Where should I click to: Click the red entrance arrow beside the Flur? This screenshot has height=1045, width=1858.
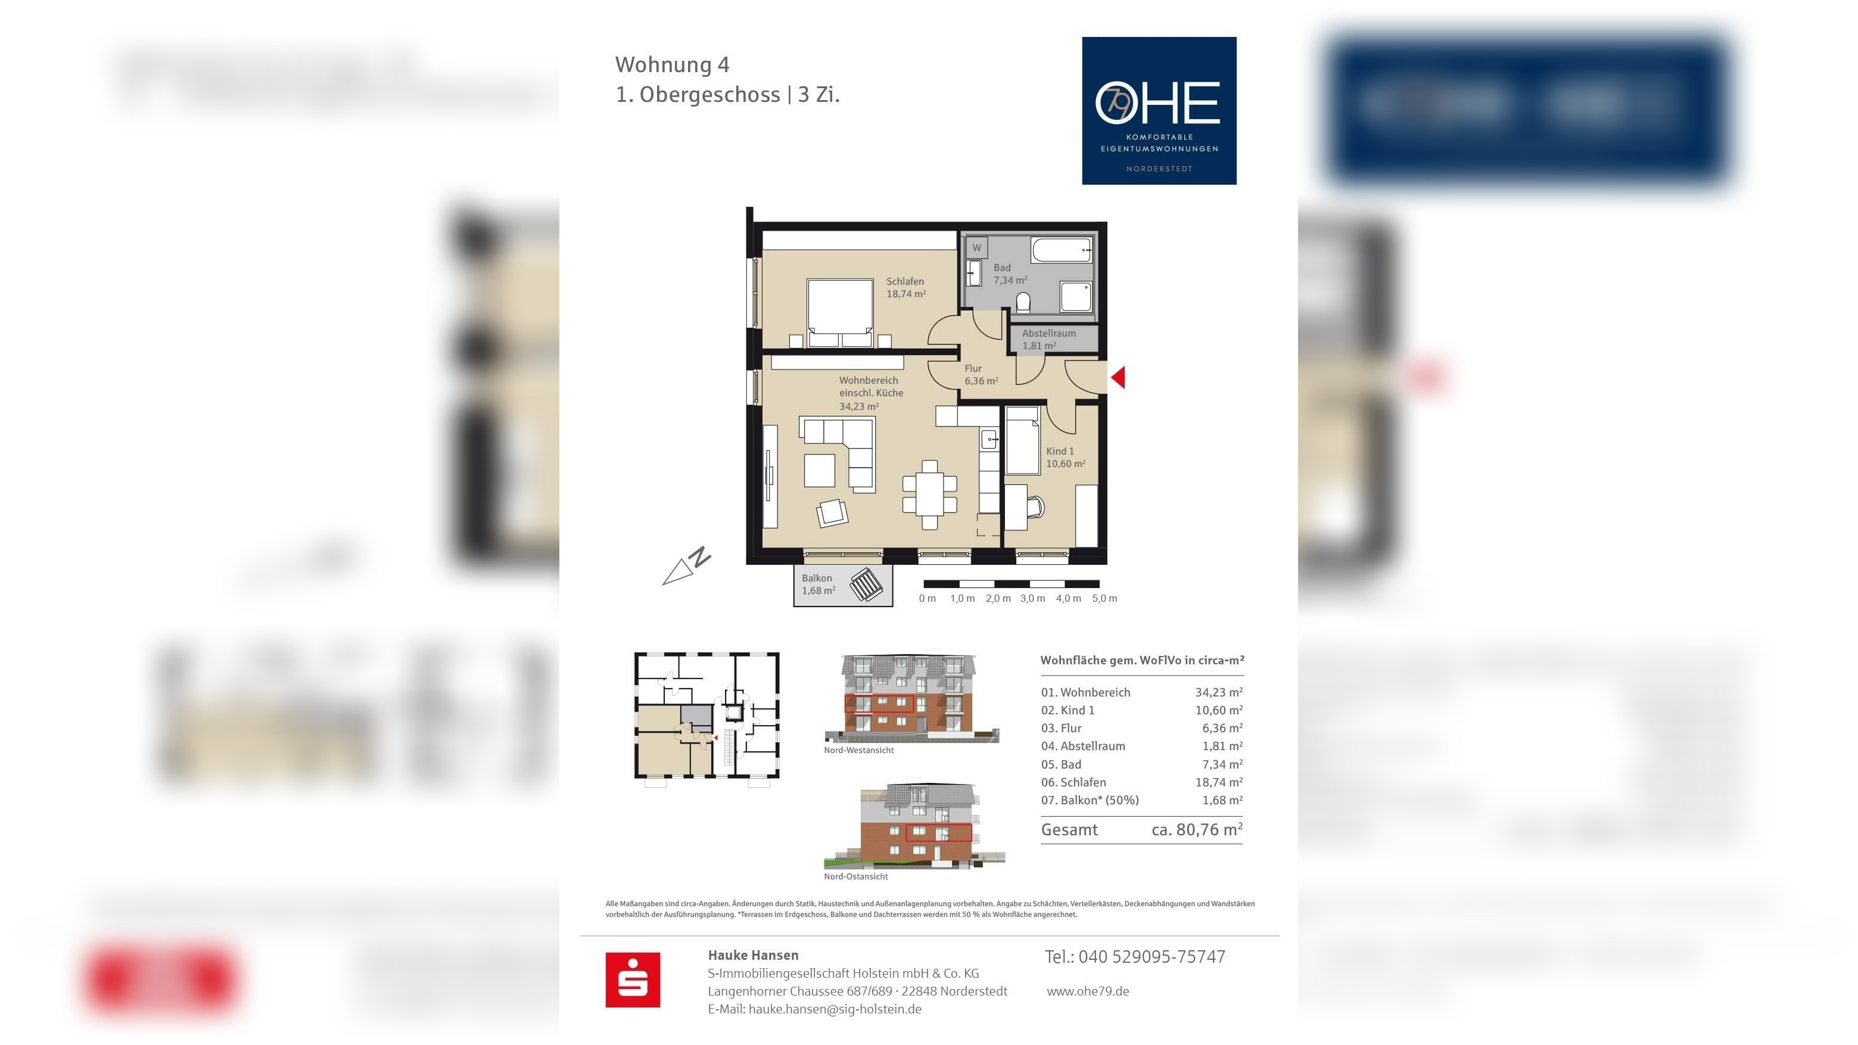tap(1119, 377)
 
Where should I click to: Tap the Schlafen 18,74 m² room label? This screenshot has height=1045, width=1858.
tap(905, 288)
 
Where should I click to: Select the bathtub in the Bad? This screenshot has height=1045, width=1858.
tap(1061, 250)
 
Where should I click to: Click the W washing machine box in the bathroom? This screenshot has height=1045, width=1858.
tap(976, 247)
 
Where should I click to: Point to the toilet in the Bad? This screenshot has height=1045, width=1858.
tap(1023, 301)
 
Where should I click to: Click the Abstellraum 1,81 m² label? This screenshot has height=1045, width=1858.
tap(1048, 339)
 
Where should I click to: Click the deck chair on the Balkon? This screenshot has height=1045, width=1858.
tap(866, 584)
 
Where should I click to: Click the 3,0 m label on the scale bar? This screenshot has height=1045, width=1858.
tap(1032, 599)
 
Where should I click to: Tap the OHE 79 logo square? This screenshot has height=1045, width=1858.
tap(1159, 110)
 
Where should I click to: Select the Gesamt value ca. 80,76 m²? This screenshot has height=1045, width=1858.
tap(1197, 830)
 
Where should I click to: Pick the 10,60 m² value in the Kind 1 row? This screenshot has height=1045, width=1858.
tap(1218, 710)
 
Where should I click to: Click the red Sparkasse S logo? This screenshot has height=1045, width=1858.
tap(633, 979)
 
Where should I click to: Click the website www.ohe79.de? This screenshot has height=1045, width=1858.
tap(1088, 991)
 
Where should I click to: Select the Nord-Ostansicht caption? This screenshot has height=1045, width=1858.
tap(855, 877)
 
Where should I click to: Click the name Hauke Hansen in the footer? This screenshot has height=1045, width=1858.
tap(753, 956)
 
